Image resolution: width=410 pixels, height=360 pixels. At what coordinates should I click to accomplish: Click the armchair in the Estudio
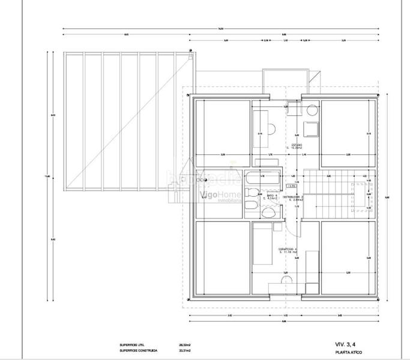pos(312,128)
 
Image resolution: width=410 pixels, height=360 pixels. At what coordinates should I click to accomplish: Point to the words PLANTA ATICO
pos(348,353)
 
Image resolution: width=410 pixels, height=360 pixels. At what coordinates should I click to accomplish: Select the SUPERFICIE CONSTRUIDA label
pos(138,351)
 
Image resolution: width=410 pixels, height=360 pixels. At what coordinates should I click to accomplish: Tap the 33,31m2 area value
pos(185,351)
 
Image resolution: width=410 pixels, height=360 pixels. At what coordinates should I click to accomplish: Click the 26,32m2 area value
pos(185,345)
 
